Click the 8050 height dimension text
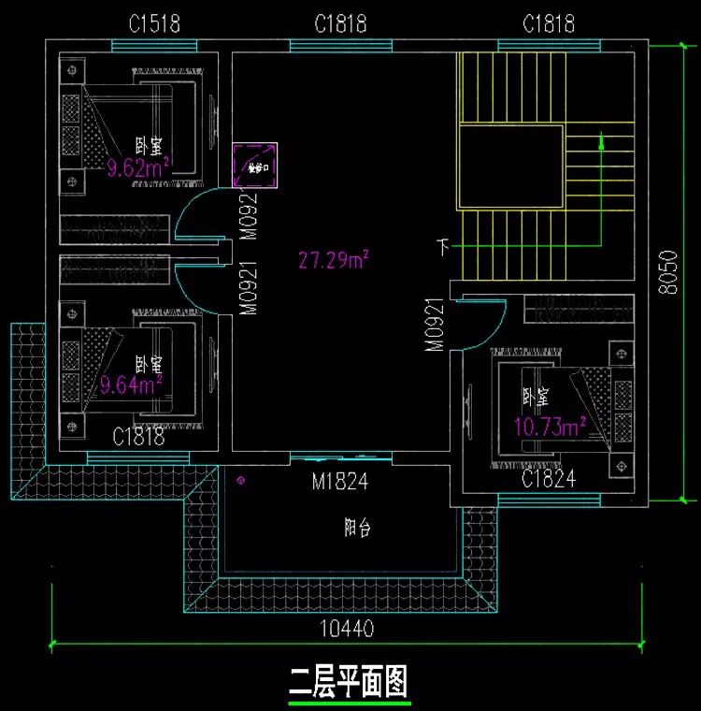click(x=665, y=272)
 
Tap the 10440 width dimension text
click(x=346, y=630)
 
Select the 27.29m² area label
click(x=333, y=261)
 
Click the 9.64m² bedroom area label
click(x=132, y=384)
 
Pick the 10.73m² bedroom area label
click(x=550, y=427)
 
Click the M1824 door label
click(x=339, y=483)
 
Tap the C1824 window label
click(x=548, y=480)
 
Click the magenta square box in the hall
click(x=255, y=167)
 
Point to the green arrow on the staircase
click(x=601, y=143)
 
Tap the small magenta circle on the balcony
click(x=242, y=481)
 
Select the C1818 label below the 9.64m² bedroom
click(x=138, y=436)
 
